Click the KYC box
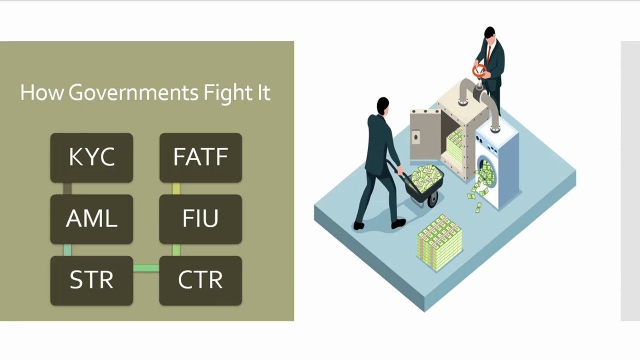pos(91,157)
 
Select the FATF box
pos(200,157)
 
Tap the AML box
pos(91,219)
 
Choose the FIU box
pos(200,219)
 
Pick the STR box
pos(91,280)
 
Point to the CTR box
pos(200,280)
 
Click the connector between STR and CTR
pos(146,268)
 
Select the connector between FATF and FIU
pos(176,188)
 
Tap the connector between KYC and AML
pos(67,188)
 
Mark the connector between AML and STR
pos(67,250)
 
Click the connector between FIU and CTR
pos(176,250)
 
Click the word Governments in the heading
pos(133,93)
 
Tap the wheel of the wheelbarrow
pos(433,199)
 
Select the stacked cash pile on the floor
pos(439,243)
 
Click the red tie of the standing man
pos(489,54)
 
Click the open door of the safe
pos(425,134)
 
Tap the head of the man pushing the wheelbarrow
pos(382,105)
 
